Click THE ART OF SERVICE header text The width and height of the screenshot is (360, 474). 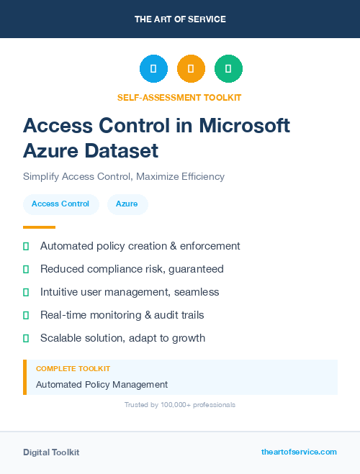(180, 19)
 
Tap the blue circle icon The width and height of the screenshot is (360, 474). (153, 69)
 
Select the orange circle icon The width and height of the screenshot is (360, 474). (191, 69)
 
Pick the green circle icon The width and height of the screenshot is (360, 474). (228, 69)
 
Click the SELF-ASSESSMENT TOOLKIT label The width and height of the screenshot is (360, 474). (179, 97)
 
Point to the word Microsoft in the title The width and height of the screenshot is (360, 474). (244, 126)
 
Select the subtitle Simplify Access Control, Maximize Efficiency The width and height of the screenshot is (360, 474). (124, 176)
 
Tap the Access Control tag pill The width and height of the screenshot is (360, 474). (60, 204)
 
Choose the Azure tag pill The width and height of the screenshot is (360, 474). (127, 204)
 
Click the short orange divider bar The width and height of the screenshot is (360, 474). (39, 227)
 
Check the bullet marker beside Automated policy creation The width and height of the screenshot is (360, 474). (26, 246)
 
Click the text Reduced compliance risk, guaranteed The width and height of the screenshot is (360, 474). (132, 269)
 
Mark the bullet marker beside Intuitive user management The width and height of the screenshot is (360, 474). (26, 292)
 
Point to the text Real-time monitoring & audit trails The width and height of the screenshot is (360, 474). (122, 315)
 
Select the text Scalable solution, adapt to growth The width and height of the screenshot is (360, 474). (122, 338)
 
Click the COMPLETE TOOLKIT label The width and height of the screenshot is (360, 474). (73, 368)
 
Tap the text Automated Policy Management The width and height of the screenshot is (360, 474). (102, 385)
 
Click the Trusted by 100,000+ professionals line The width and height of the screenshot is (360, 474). (180, 405)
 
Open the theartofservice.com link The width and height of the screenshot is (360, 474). (299, 452)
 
